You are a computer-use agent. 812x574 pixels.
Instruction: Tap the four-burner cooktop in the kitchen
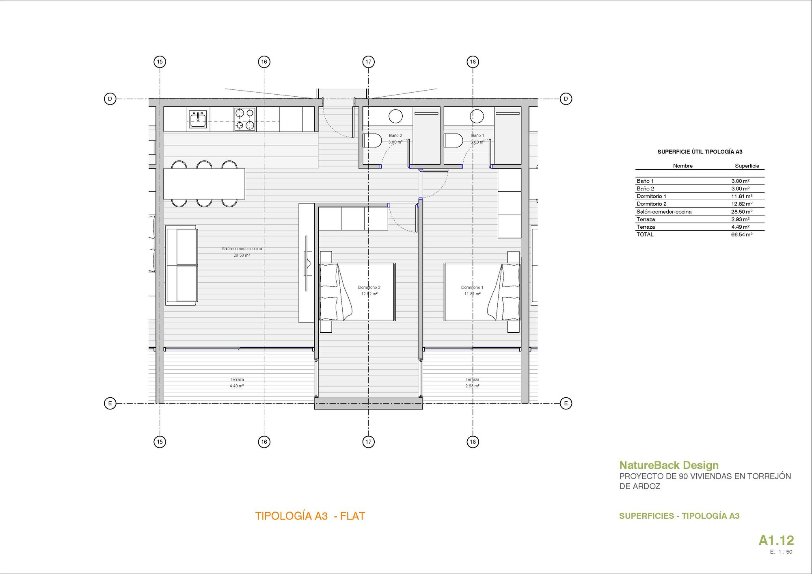[x=245, y=119]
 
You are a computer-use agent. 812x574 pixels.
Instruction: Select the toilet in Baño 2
[x=372, y=141]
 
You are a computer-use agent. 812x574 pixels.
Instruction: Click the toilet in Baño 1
[x=454, y=141]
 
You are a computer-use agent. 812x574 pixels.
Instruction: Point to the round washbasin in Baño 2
[x=395, y=117]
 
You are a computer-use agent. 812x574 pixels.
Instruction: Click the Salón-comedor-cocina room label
[x=242, y=249]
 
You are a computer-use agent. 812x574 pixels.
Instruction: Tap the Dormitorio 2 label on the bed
[x=369, y=288]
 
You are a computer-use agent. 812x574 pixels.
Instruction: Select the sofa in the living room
[x=182, y=265]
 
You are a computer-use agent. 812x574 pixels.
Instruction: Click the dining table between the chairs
[x=204, y=184]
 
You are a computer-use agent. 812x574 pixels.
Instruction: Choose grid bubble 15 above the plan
[x=160, y=62]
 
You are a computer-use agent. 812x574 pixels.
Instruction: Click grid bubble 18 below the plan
[x=473, y=442]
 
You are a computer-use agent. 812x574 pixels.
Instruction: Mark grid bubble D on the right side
[x=566, y=99]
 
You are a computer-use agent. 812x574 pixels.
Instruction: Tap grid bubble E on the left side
[x=110, y=403]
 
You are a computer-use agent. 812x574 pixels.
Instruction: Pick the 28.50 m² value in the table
[x=741, y=212]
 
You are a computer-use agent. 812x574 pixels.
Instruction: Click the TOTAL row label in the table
[x=645, y=234]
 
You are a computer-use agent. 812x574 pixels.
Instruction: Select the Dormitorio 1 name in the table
[x=651, y=196]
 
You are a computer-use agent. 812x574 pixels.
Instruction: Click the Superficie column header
[x=747, y=166]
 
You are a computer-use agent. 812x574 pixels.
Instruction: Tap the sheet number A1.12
[x=776, y=540]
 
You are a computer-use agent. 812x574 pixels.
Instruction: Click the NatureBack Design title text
[x=669, y=465]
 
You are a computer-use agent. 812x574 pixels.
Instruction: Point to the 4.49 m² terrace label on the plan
[x=237, y=386]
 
